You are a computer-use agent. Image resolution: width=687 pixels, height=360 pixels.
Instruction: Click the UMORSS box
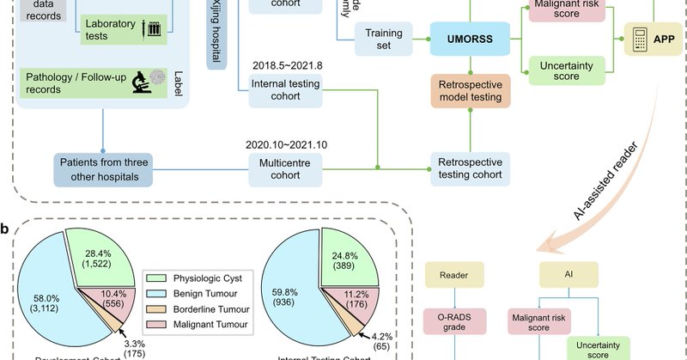469,39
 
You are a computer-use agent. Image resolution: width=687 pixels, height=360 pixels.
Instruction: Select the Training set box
385,39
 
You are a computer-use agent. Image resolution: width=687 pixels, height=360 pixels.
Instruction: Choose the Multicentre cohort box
287,168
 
